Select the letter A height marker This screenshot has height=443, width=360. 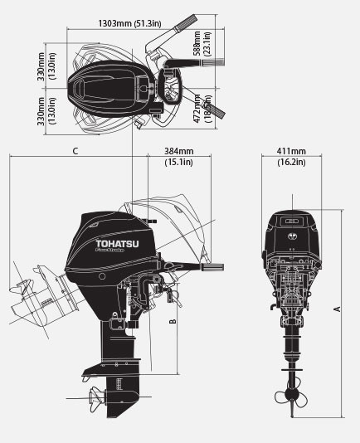(x=337, y=309)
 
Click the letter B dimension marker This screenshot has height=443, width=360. (x=172, y=320)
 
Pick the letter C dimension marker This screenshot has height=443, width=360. (x=75, y=151)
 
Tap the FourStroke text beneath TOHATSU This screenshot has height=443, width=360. (x=109, y=246)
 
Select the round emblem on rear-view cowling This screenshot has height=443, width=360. (x=291, y=235)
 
